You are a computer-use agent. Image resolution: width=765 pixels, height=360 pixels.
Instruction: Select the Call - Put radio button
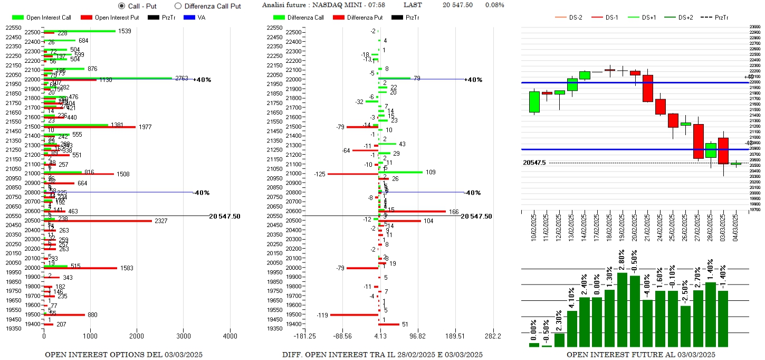pyautogui.click(x=122, y=6)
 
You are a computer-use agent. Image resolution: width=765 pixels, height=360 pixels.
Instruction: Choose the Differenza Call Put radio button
pyautogui.click(x=178, y=6)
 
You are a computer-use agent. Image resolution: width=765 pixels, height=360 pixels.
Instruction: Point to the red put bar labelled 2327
pyautogui.click(x=98, y=221)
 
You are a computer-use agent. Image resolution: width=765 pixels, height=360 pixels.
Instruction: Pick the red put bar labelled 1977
pyautogui.click(x=90, y=127)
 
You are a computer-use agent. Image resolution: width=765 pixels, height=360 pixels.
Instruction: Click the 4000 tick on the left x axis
pyautogui.click(x=230, y=336)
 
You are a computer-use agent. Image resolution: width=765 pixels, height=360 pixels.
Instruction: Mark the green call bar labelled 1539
pyautogui.click(x=79, y=31)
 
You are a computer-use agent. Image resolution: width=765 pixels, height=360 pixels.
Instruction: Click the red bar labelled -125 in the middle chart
pyautogui.click(x=352, y=174)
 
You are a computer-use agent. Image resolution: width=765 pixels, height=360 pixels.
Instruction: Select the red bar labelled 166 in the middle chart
pyautogui.click(x=412, y=212)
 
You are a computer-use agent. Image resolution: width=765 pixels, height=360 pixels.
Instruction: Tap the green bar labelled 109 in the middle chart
pyautogui.click(x=400, y=172)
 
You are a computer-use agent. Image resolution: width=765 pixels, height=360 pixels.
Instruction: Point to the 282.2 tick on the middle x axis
pyautogui.click(x=493, y=336)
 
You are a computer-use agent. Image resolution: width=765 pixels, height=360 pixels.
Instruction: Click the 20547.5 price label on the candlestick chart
pyautogui.click(x=534, y=163)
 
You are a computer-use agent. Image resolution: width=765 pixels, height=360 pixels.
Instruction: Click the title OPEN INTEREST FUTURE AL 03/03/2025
pyautogui.click(x=640, y=355)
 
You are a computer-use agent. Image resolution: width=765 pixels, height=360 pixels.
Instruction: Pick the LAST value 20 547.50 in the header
pyautogui.click(x=457, y=5)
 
